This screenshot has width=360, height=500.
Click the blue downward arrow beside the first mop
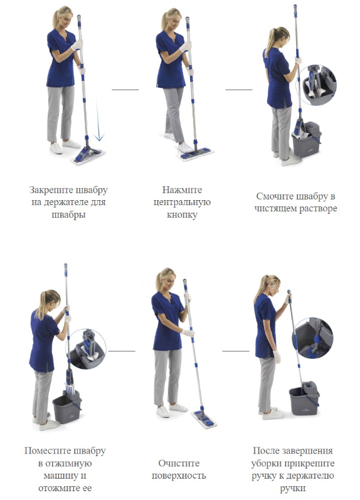pos(99,120)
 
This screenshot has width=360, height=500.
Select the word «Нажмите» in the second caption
pos(182,190)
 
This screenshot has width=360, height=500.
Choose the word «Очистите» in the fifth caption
pos(179,463)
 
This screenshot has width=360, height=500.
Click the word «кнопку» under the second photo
pos(182,215)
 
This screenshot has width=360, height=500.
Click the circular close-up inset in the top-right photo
pos(317,85)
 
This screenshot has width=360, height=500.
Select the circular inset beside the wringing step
pos(86,349)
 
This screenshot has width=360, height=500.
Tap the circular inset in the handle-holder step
pos(312,338)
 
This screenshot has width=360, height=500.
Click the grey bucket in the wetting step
pos(307,139)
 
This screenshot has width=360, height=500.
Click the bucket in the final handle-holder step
pos(304,398)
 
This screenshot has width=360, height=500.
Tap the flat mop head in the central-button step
pos(196,154)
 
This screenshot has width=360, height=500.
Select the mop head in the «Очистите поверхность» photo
pos(204,418)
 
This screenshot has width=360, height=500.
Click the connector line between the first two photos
pos(125,90)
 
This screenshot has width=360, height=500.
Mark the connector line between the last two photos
pos(236,351)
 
